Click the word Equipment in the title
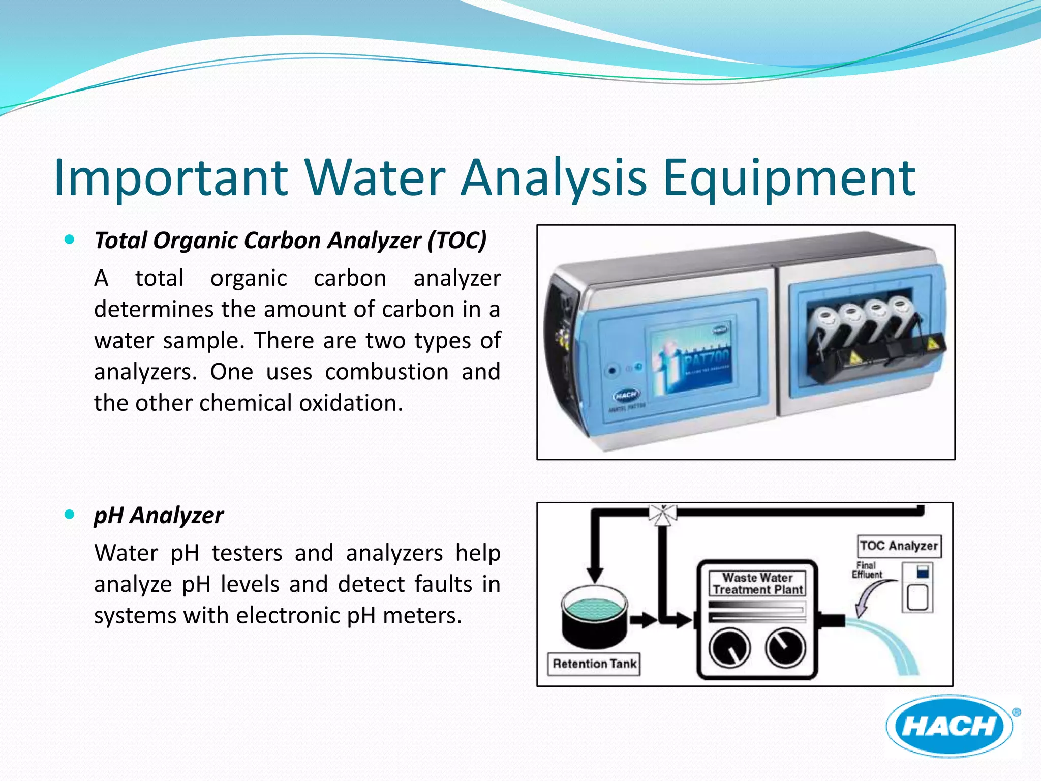click(789, 178)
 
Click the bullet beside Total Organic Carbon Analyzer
click(70, 239)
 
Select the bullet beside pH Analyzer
click(70, 515)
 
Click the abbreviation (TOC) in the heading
click(456, 241)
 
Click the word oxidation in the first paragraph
click(351, 403)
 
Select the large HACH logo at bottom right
click(949, 726)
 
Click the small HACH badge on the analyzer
click(627, 395)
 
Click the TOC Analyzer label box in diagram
click(899, 546)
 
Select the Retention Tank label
click(594, 664)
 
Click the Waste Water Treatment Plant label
click(757, 584)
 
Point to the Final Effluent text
click(867, 570)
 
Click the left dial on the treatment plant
click(729, 648)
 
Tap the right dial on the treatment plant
click(785, 647)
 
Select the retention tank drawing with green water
click(595, 615)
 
